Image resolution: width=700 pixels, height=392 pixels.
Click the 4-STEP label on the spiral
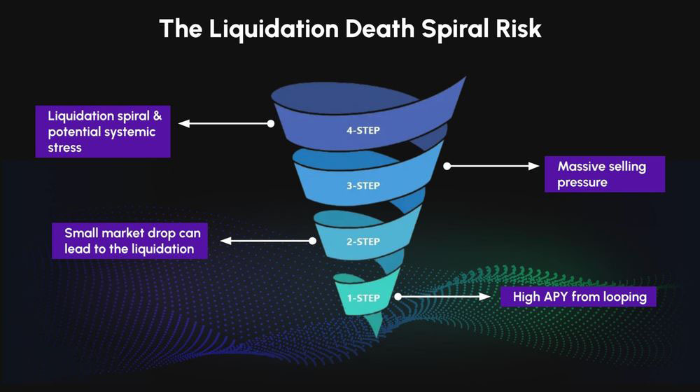click(363, 130)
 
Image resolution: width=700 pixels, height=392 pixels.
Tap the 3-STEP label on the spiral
click(363, 185)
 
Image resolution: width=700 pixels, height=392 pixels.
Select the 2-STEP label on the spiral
click(363, 241)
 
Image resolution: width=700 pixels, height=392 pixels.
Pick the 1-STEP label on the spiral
click(363, 297)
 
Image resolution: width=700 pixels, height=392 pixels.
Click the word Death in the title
click(380, 29)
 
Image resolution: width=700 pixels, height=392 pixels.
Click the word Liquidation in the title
click(274, 29)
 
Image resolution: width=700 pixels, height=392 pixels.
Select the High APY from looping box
click(578, 297)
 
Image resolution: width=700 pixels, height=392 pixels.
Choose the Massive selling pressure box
click(605, 174)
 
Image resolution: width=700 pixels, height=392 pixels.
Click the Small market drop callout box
click(130, 241)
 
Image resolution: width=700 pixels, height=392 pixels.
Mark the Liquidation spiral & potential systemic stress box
click(103, 132)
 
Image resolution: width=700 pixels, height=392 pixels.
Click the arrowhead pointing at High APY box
click(485, 297)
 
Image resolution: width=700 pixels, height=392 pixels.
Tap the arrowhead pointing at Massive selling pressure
click(533, 166)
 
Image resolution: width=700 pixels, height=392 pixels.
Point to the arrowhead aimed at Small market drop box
click(226, 241)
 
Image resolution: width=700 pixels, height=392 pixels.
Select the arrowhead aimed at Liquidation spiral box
click(184, 124)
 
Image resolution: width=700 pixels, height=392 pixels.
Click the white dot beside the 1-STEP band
click(398, 297)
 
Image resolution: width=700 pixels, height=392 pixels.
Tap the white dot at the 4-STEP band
click(270, 124)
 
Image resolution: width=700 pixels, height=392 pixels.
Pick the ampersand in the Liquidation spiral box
click(157, 115)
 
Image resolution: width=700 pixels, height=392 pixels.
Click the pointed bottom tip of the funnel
click(377, 336)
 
